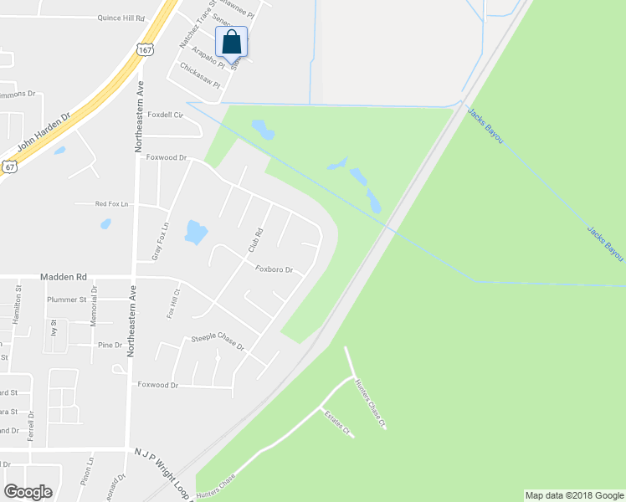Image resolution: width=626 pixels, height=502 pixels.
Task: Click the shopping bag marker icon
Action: [x=232, y=42]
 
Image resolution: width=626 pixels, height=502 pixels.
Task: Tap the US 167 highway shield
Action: [x=145, y=51]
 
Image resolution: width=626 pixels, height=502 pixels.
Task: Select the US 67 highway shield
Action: [x=9, y=166]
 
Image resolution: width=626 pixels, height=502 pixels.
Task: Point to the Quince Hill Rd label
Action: [x=121, y=17]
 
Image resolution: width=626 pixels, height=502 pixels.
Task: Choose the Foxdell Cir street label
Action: [x=165, y=115]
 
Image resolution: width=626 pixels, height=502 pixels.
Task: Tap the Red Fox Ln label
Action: [x=112, y=203]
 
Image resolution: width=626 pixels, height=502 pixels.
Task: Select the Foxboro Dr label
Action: [x=274, y=269]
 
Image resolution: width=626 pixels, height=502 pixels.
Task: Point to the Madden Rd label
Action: [x=63, y=277]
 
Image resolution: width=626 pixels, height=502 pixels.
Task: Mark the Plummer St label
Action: [x=67, y=299]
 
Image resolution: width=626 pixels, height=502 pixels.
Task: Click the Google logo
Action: [x=28, y=491]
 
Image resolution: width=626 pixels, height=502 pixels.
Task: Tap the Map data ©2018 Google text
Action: [x=573, y=495]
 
